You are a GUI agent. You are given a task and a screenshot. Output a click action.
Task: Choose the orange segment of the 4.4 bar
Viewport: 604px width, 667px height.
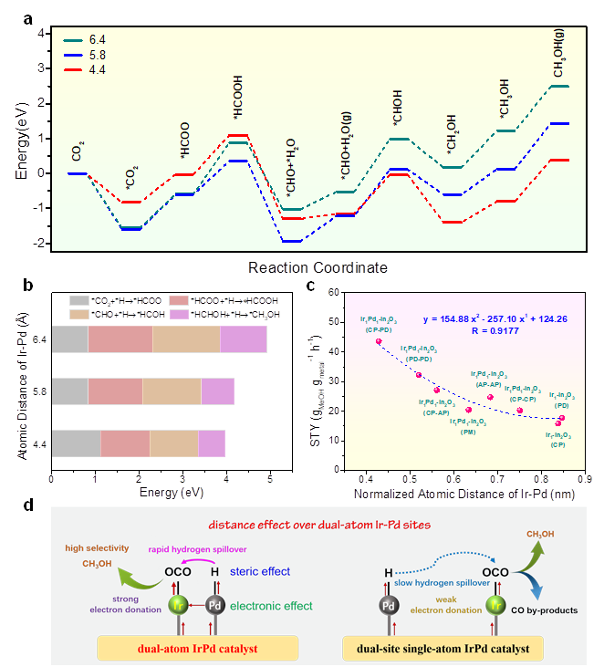coord(173,443)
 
